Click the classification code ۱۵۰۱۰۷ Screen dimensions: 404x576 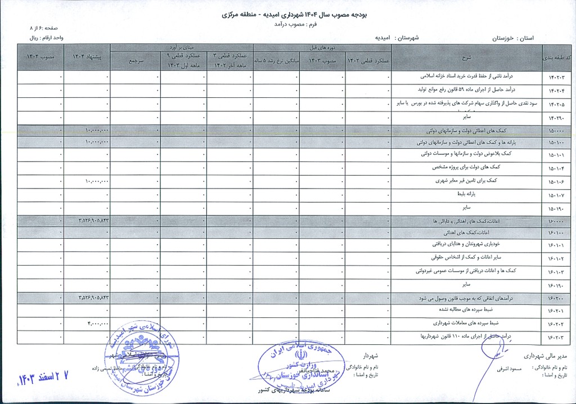click(x=556, y=195)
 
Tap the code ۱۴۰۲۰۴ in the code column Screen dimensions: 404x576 click(x=556, y=90)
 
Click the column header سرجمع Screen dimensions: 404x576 click(x=135, y=59)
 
